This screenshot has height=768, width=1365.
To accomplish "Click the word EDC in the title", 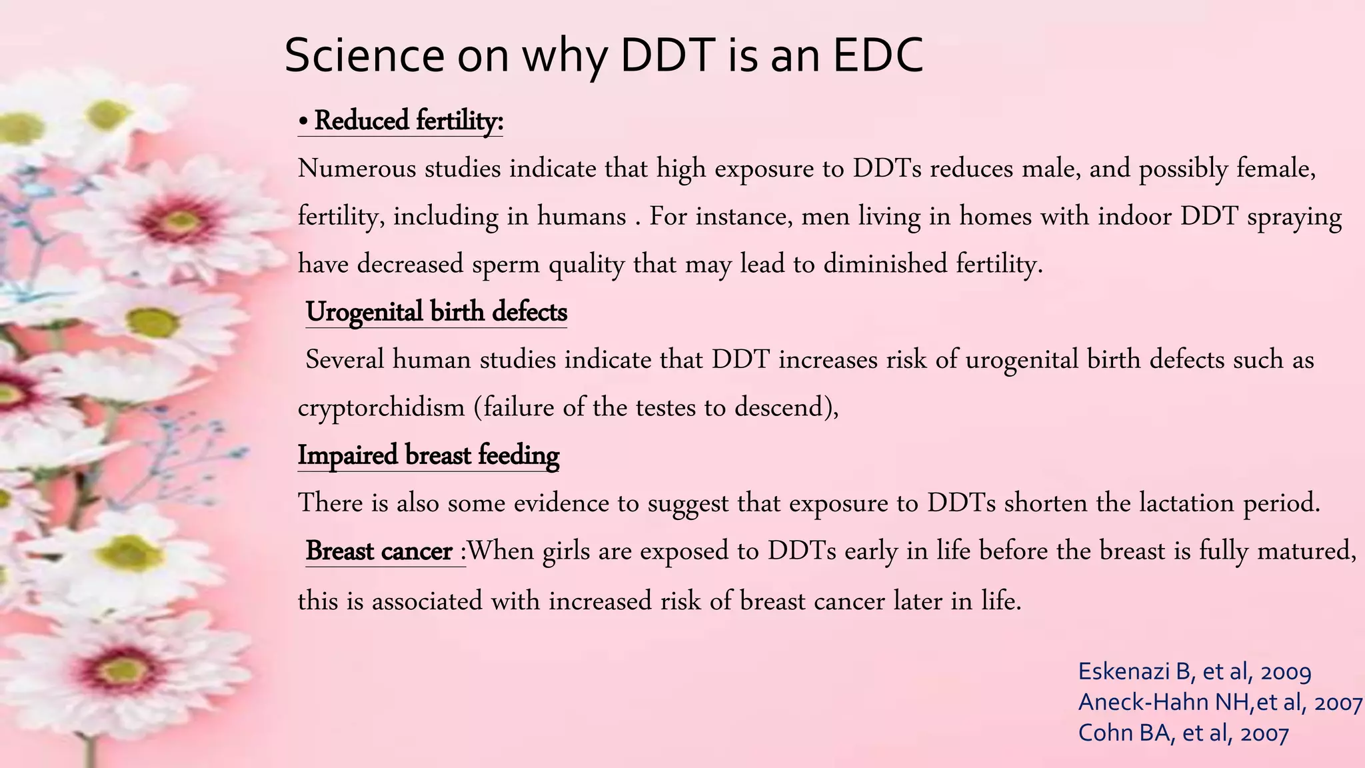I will point(878,55).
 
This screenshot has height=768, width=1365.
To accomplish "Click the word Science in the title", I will point(364,55).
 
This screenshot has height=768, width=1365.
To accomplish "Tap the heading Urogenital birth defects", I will point(436,312).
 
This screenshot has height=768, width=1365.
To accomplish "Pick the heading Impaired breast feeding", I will point(428,455).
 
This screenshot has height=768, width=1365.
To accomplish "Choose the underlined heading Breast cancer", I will point(379,551).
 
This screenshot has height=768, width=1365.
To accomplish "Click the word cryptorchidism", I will point(381,407).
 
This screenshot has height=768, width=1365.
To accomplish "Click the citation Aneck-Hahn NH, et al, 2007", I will point(1220,702).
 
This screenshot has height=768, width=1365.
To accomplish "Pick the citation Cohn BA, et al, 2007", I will point(1183,733).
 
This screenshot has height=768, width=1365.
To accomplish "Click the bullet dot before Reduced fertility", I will point(303,123).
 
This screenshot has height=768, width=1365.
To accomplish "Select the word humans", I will point(581,217).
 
